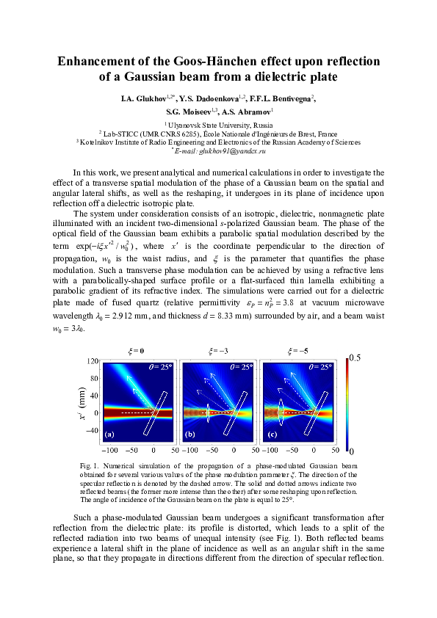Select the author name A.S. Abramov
(x=250, y=112)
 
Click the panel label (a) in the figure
(x=111, y=435)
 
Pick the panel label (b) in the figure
(x=190, y=435)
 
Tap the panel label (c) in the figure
(x=271, y=435)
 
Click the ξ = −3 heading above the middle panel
(x=218, y=351)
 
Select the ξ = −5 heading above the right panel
(x=299, y=351)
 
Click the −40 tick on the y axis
(x=91, y=431)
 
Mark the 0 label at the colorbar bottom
(x=353, y=450)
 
